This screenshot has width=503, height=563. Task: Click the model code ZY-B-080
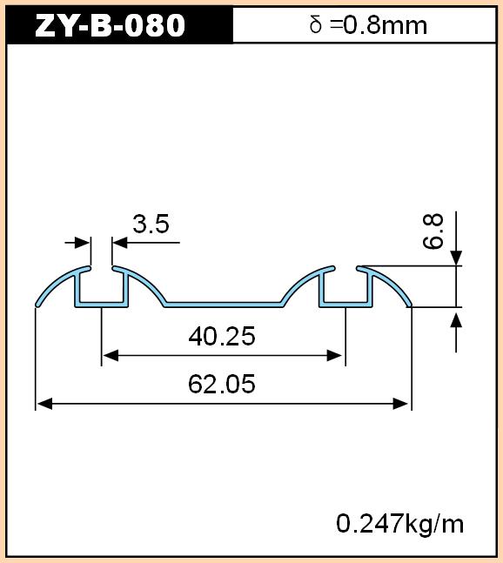click(111, 25)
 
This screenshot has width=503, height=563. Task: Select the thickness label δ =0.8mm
click(368, 25)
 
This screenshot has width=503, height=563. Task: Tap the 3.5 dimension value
click(151, 224)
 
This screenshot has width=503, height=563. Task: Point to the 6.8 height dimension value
click(433, 231)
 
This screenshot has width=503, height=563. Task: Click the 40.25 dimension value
click(222, 337)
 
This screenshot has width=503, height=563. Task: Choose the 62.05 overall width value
click(222, 384)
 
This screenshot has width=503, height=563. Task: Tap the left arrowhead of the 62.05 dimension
click(44, 404)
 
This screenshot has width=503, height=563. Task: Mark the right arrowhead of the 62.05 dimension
click(400, 404)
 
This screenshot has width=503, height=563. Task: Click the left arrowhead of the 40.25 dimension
click(111, 356)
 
